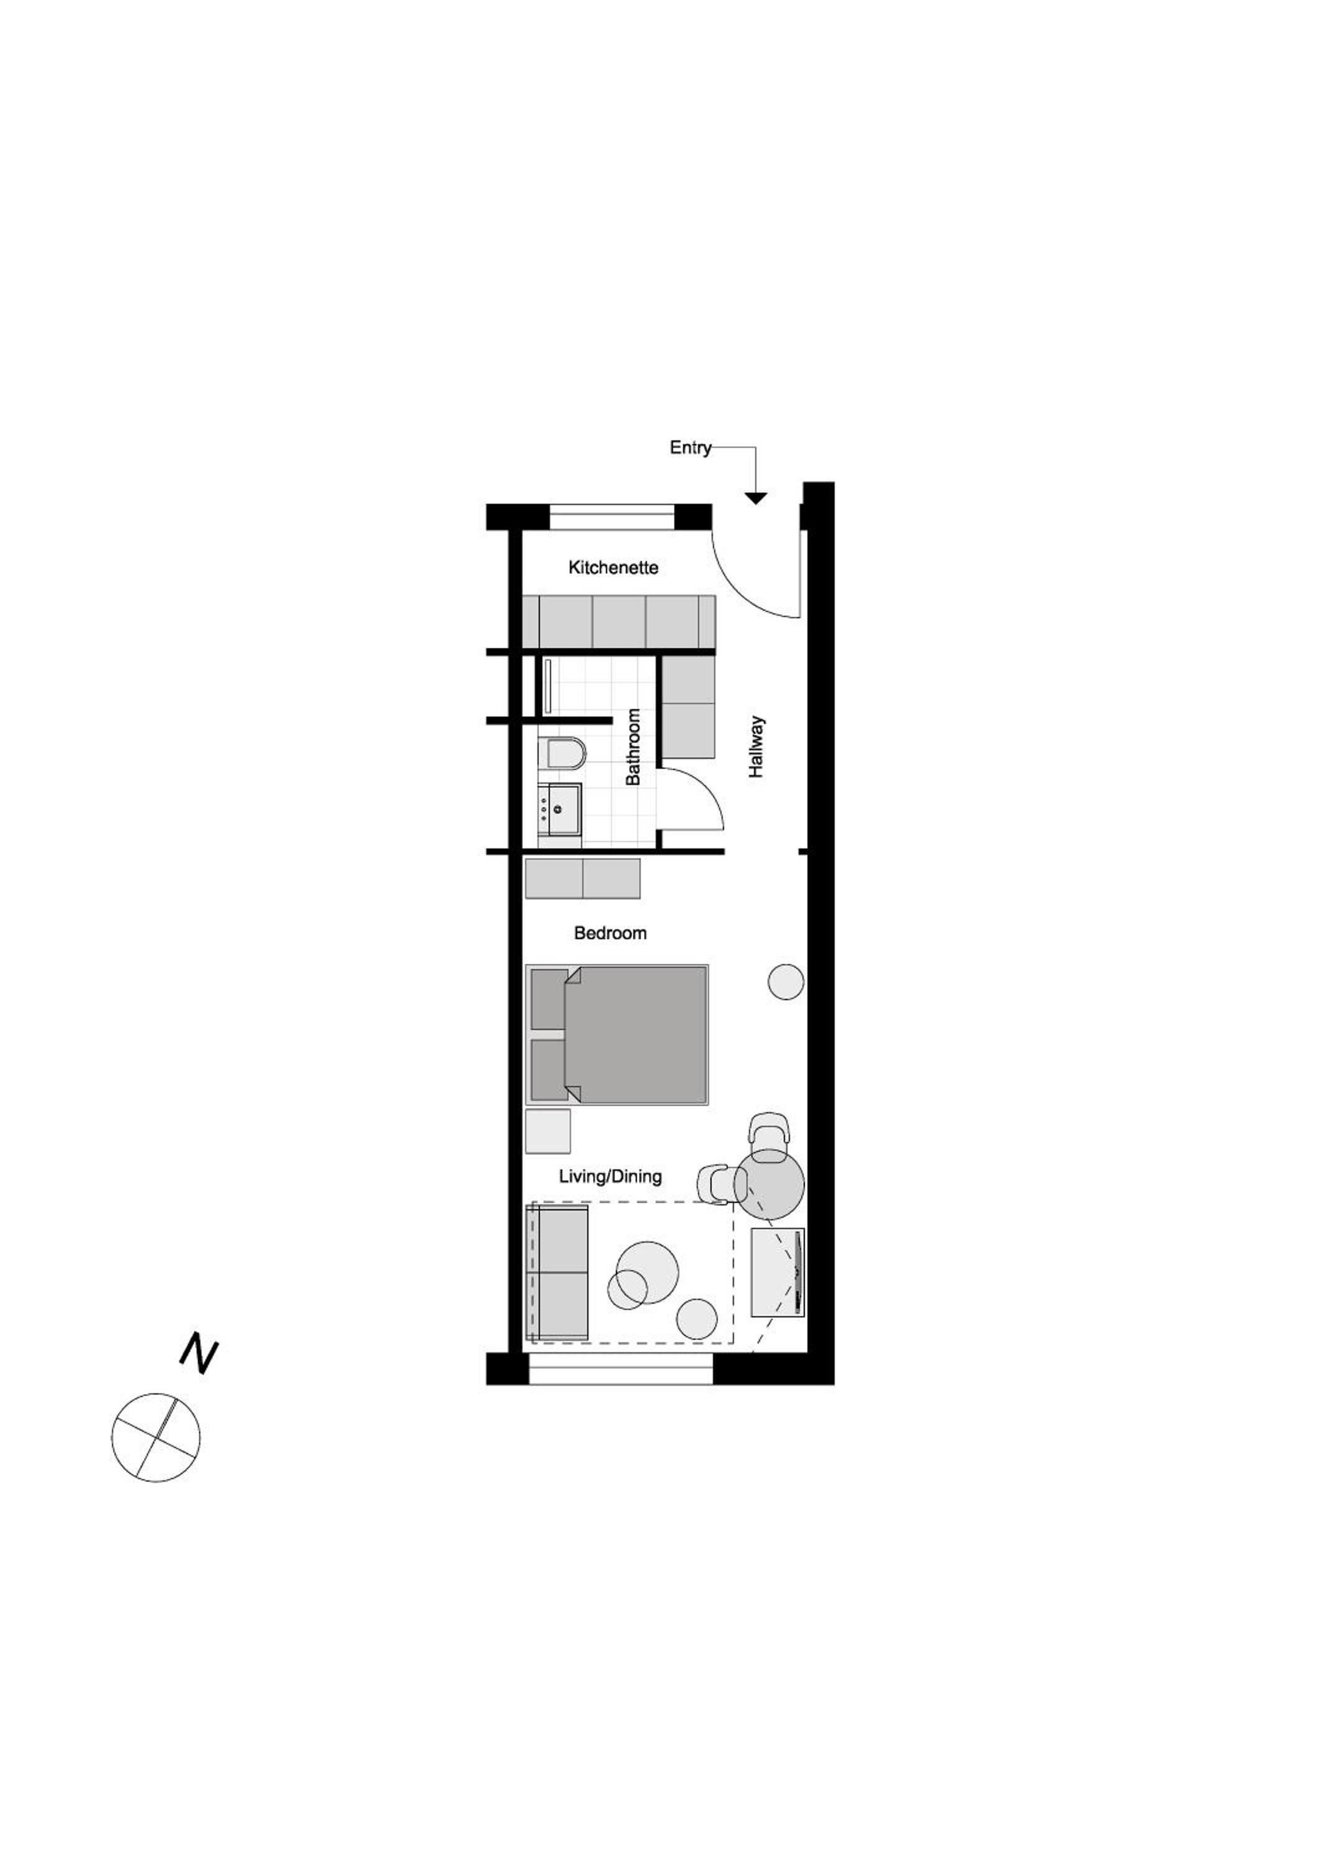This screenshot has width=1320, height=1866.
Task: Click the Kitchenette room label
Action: [613, 567]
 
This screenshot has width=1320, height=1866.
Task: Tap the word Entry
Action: [690, 448]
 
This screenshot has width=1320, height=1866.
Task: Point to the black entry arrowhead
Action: [756, 498]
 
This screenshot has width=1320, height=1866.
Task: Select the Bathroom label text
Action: [633, 747]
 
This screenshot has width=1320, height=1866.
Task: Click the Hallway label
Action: [756, 747]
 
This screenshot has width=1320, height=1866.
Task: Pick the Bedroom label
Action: [610, 933]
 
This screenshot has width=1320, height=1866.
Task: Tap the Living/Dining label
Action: [610, 1176]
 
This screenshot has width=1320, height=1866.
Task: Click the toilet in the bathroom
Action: [562, 753]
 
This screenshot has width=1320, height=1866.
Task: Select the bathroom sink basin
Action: [560, 809]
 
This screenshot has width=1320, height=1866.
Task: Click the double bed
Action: [617, 1034]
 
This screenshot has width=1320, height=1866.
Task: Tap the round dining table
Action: [769, 1184]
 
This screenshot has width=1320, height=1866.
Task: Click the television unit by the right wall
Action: [778, 1273]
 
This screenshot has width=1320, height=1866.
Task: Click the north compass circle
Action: [156, 1437]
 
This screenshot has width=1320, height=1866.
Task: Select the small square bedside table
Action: [548, 1131]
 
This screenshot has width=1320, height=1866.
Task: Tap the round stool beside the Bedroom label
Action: [786, 982]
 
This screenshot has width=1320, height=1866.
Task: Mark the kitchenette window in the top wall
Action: [612, 517]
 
